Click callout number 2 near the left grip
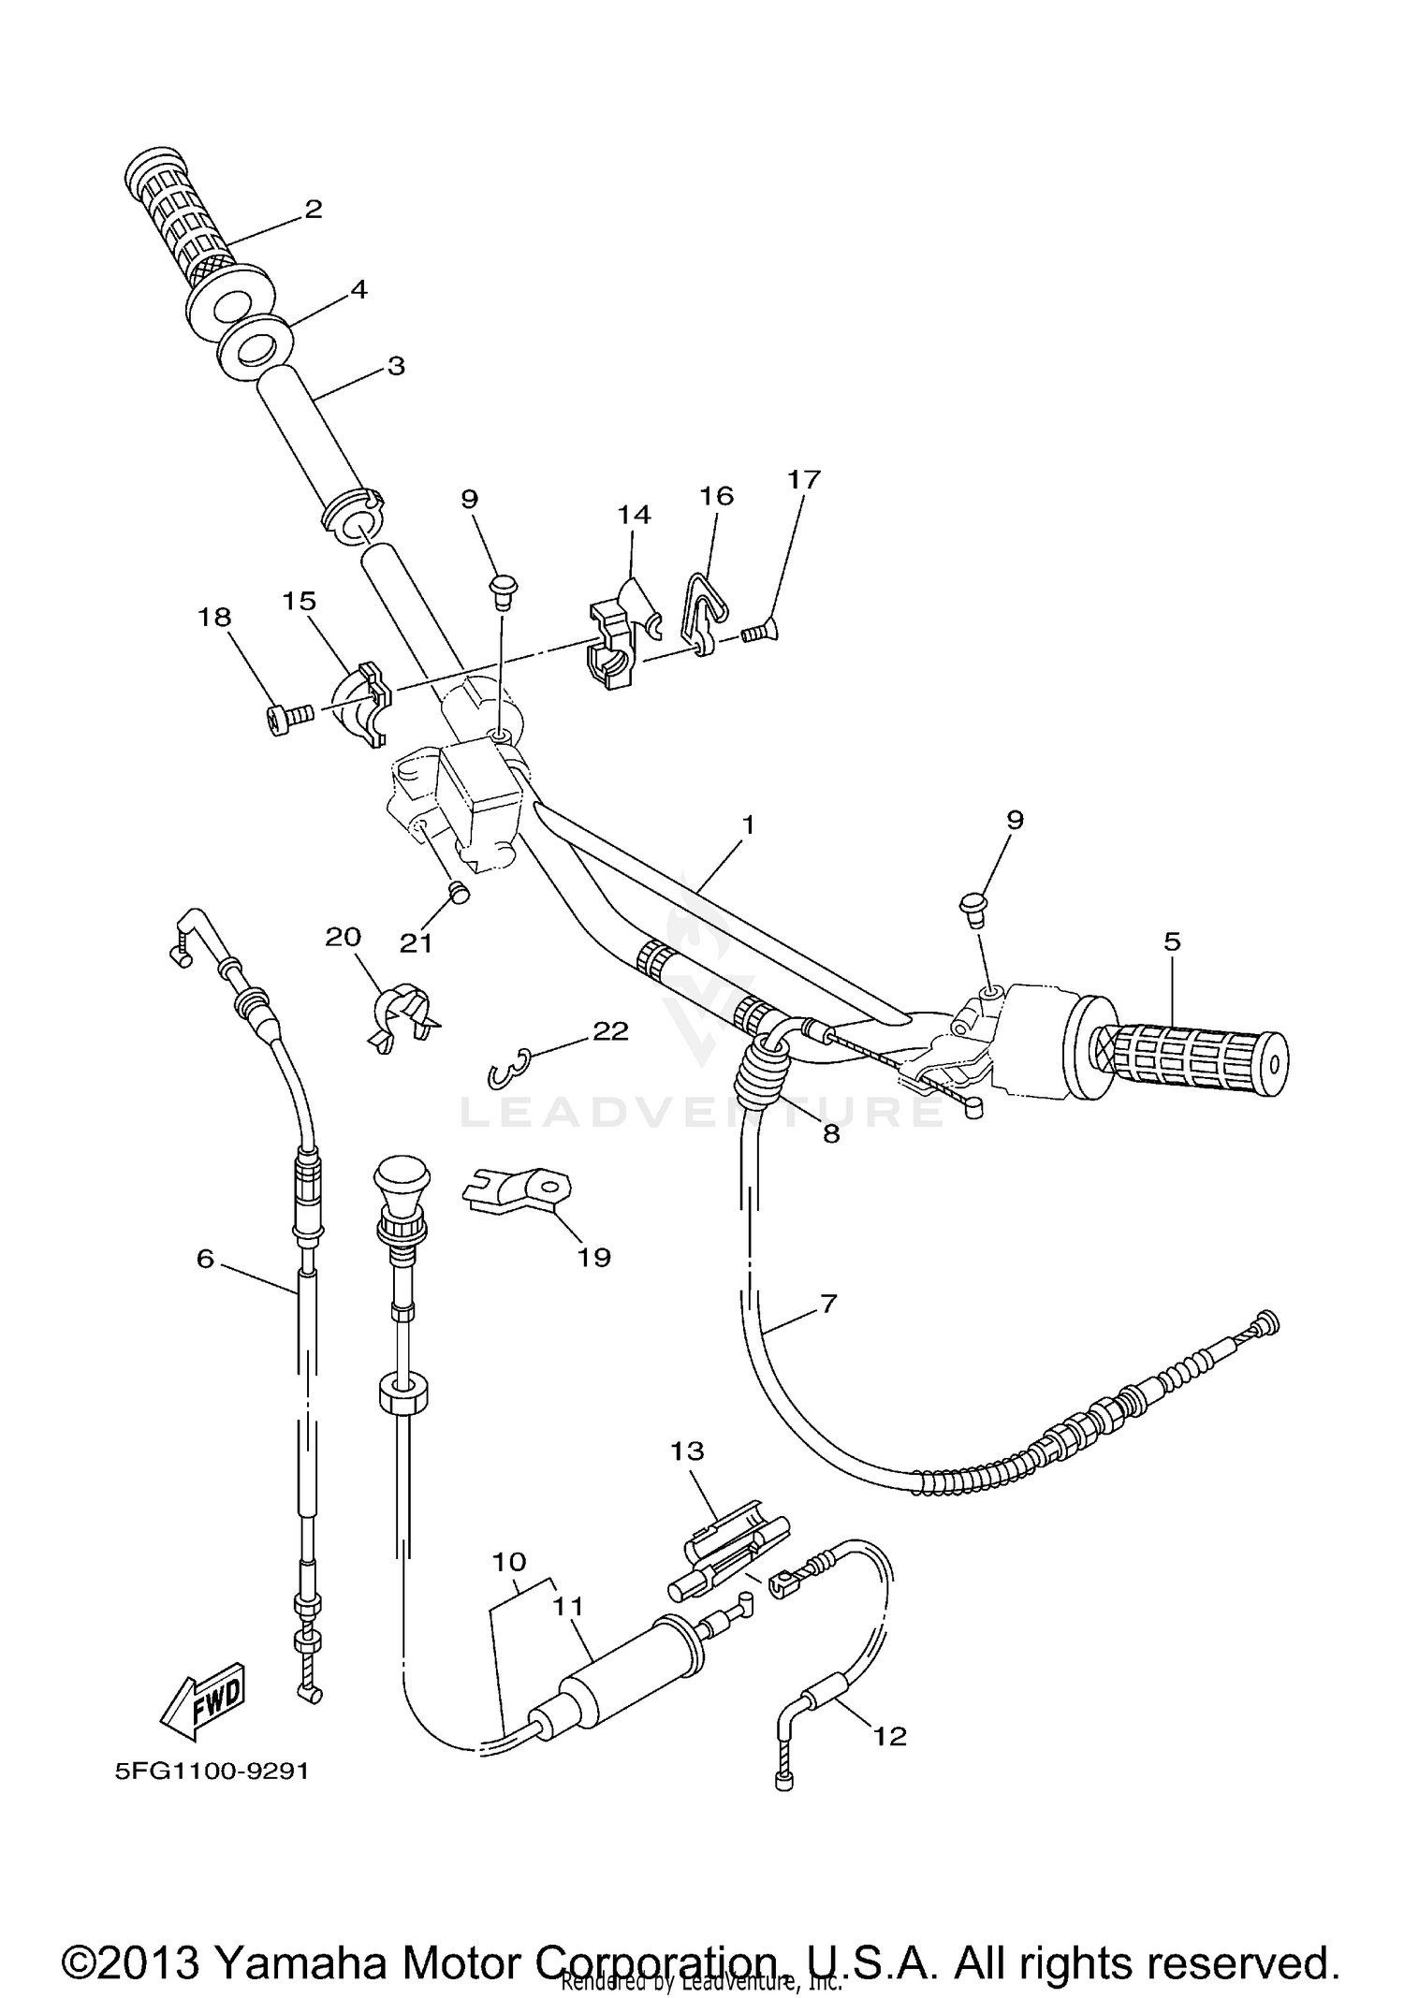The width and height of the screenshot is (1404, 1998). (x=313, y=208)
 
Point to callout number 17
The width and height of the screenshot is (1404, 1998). (x=803, y=479)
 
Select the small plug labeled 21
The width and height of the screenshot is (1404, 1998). (x=459, y=893)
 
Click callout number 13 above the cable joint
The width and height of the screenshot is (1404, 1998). (x=686, y=1451)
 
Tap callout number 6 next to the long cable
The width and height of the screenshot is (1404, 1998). (x=205, y=1259)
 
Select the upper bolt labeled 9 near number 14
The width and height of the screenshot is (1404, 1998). (x=502, y=589)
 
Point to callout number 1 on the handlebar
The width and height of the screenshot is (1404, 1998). (x=747, y=824)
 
